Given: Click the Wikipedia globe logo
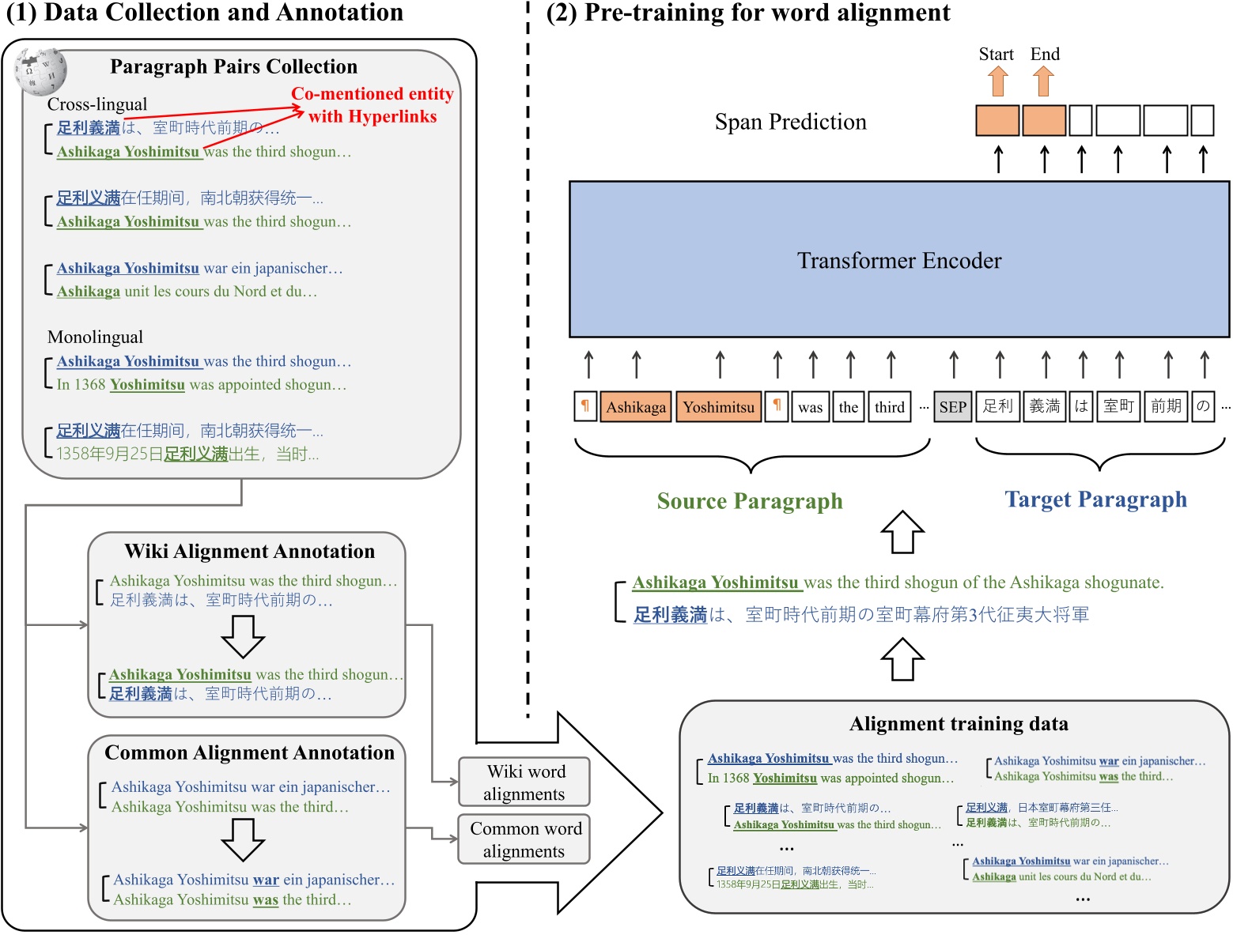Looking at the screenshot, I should click(x=40, y=70).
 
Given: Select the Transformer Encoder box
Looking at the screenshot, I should click(x=898, y=259).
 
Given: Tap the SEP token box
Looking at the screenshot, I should click(x=952, y=407).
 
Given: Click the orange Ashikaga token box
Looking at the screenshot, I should click(x=636, y=407).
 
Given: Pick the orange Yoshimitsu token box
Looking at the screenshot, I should click(x=718, y=407).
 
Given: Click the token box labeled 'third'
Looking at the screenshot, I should click(x=889, y=407).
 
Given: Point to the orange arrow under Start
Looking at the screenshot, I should click(x=998, y=81).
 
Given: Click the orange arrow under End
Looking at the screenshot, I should click(x=1044, y=81).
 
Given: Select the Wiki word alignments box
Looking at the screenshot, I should click(x=524, y=782).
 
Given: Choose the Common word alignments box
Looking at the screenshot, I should click(x=524, y=839).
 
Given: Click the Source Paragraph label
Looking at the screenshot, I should click(x=750, y=501).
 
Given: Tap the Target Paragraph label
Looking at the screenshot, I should click(x=1095, y=500).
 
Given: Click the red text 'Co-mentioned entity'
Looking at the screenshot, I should click(x=372, y=93).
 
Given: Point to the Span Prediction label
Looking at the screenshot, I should click(x=790, y=122).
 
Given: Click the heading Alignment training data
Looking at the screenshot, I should click(x=959, y=724).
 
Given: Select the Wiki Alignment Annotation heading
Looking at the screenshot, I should click(x=249, y=551).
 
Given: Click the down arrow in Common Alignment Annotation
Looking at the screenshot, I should click(x=243, y=839).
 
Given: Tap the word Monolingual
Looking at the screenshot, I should click(x=95, y=337).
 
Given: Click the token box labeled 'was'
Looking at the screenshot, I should click(x=810, y=407).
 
